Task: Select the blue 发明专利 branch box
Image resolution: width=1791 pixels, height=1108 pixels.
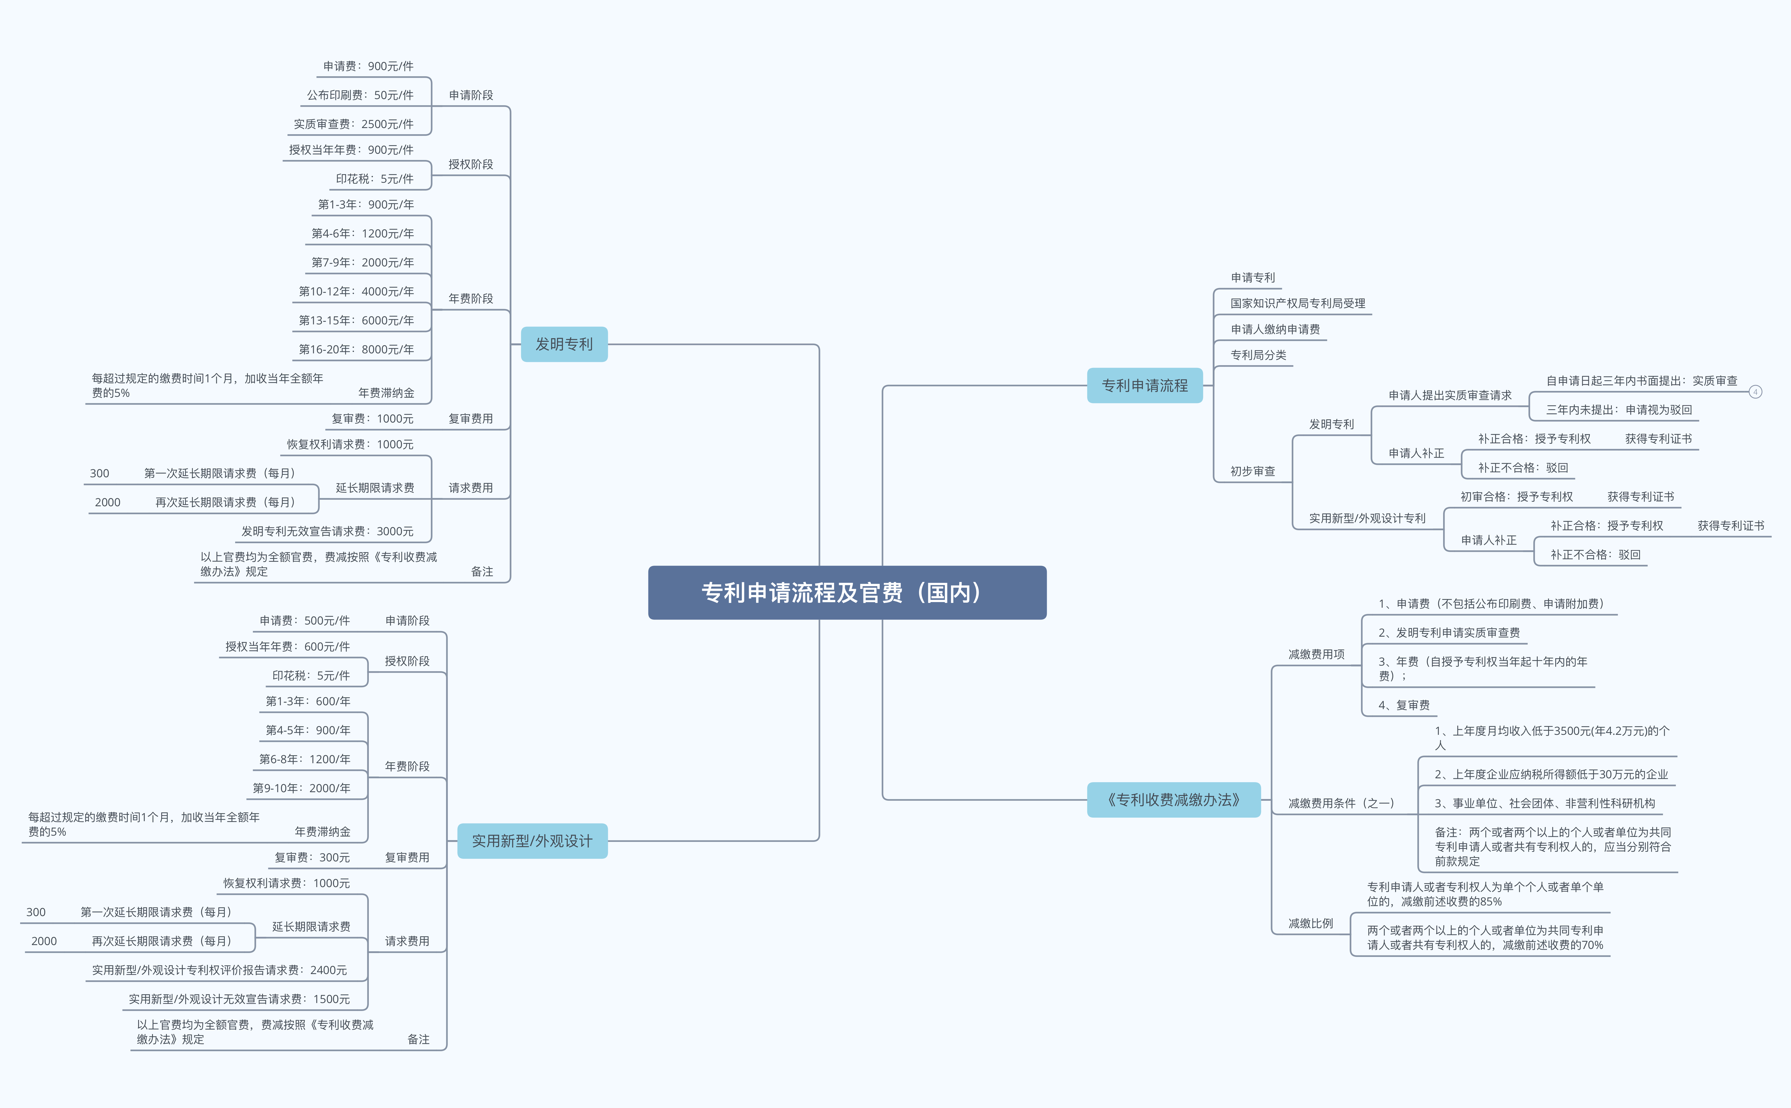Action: pos(563,344)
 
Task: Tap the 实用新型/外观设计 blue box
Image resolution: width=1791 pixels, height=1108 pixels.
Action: pos(532,840)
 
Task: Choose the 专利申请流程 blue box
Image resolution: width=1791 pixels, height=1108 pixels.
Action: pos(1145,386)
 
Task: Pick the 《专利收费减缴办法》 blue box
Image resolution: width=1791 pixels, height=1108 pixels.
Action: pos(1173,800)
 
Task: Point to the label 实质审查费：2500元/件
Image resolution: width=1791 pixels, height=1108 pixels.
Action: pos(353,124)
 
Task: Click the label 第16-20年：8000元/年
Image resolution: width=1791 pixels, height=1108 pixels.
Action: pos(356,350)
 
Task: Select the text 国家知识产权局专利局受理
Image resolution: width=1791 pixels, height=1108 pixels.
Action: pos(1298,303)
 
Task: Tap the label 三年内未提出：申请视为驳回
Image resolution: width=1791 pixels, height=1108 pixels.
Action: pos(1619,410)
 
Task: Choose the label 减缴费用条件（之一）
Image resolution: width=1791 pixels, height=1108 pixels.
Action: pos(1341,803)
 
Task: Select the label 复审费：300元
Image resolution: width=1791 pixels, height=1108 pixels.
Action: pos(312,857)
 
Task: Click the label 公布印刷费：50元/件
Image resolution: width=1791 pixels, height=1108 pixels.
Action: pos(360,95)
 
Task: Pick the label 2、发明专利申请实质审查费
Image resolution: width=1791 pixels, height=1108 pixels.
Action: pos(1449,633)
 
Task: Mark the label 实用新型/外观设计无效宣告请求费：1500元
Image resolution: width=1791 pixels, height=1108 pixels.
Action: pos(239,999)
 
